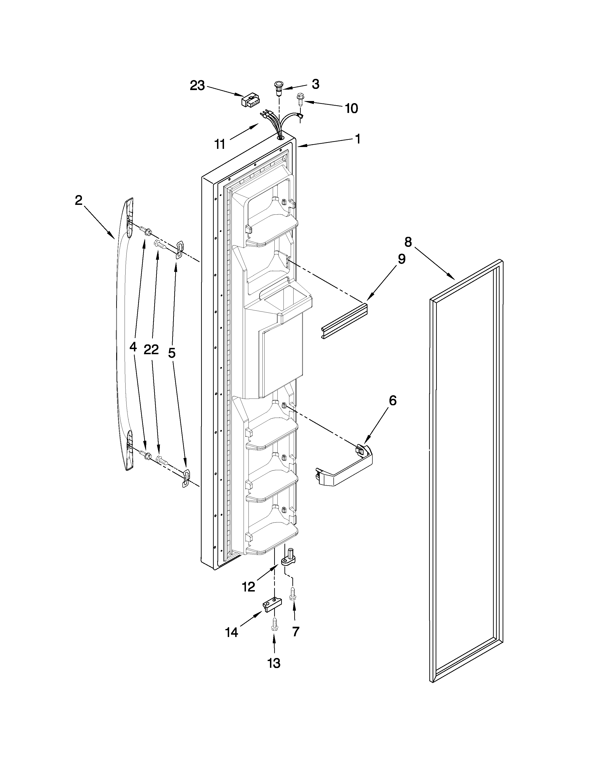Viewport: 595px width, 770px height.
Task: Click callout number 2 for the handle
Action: [x=78, y=200]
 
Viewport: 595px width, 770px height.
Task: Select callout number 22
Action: [x=151, y=349]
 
